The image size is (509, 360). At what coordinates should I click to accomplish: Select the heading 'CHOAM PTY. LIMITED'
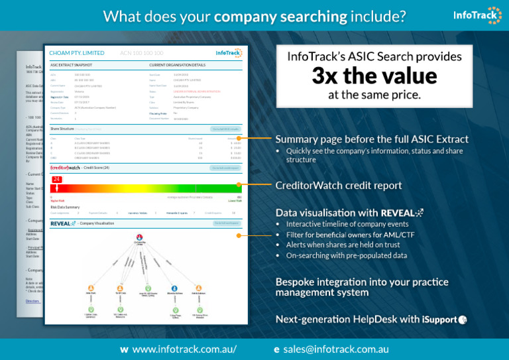77,52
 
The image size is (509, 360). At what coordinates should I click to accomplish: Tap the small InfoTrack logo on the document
229,52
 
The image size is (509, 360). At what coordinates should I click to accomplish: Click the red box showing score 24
57,180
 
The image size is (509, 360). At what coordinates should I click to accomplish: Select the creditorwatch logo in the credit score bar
64,168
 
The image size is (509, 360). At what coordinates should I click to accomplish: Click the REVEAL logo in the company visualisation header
64,223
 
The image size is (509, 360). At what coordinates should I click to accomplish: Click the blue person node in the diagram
174,289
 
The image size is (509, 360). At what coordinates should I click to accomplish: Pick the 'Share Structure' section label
63,128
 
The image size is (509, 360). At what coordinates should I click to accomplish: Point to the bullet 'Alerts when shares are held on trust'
343,245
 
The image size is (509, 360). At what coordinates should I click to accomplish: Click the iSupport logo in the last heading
445,320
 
